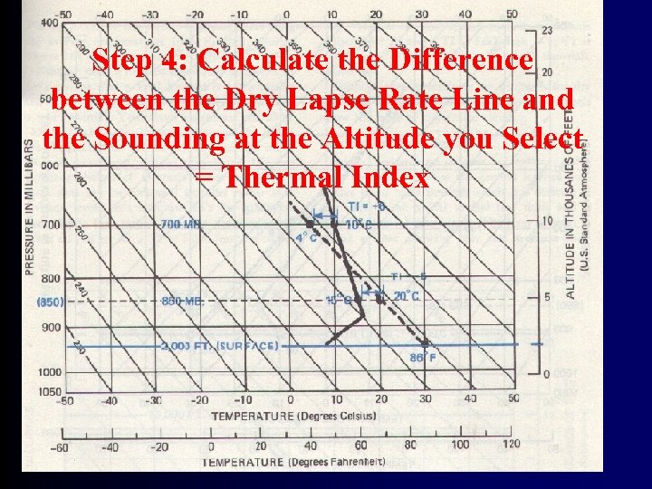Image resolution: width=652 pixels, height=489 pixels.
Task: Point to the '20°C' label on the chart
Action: coord(407,295)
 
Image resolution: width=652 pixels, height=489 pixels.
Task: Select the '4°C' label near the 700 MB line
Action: coord(307,238)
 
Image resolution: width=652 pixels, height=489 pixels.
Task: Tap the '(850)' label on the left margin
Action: coord(49,301)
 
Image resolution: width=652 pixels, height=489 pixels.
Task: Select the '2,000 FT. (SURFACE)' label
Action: coord(216,346)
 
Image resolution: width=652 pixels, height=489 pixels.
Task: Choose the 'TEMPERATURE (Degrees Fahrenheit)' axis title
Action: coord(293,462)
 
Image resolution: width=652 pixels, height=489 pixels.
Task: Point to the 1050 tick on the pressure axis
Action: coord(51,390)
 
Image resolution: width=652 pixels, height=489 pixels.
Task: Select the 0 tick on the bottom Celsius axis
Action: coord(289,399)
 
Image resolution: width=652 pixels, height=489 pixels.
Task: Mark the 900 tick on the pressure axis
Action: coord(51,327)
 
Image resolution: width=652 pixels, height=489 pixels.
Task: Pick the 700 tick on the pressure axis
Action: coord(51,224)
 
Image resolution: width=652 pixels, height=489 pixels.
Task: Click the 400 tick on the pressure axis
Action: coord(51,23)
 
